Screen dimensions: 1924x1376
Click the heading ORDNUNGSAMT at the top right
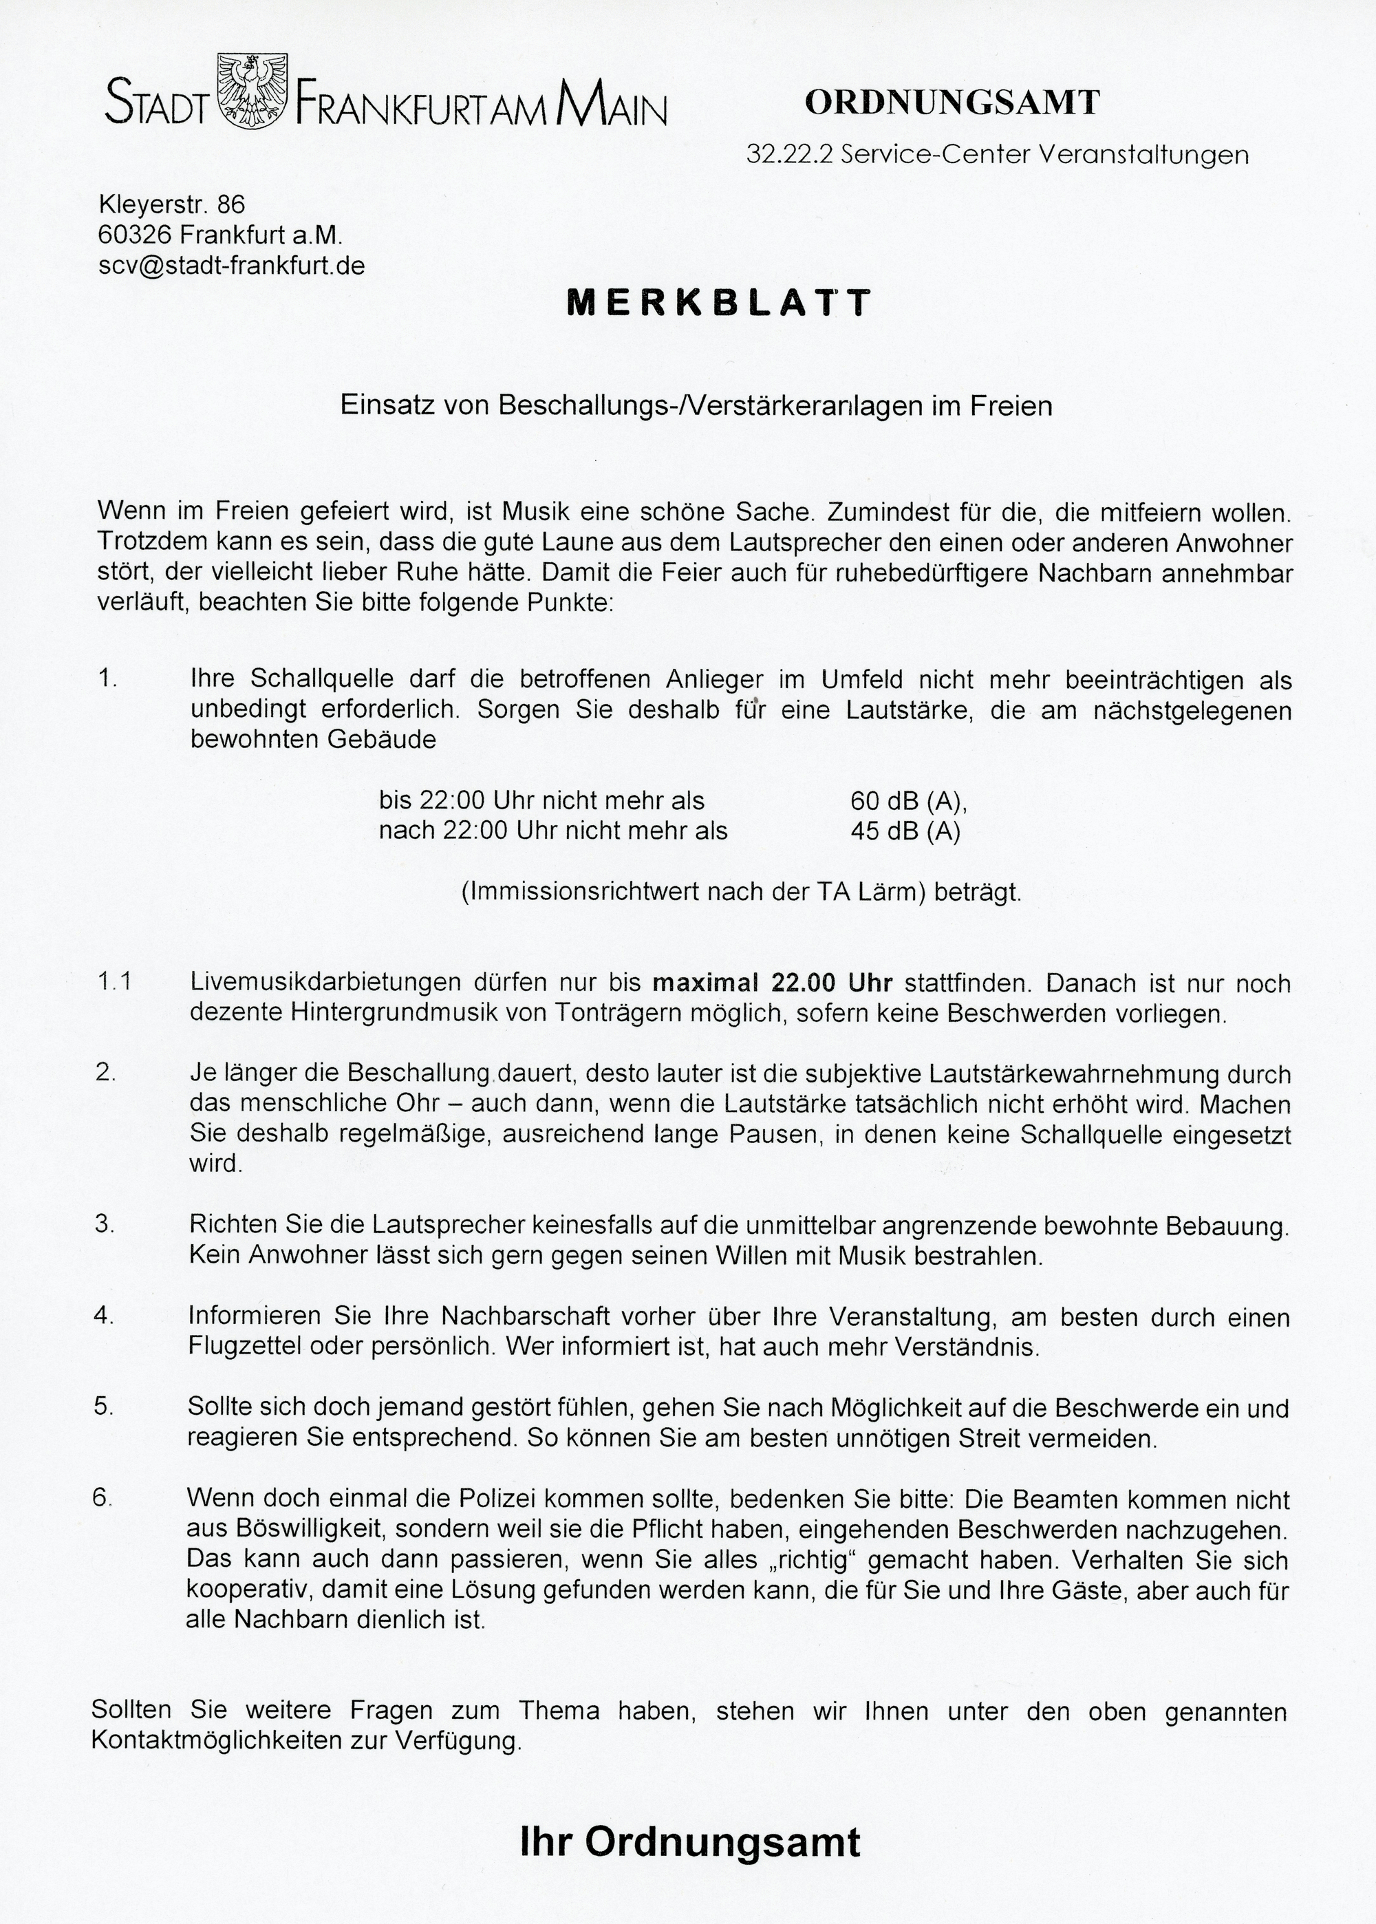click(952, 103)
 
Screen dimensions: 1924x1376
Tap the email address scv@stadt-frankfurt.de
click(232, 266)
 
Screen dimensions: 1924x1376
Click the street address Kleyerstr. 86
click(172, 204)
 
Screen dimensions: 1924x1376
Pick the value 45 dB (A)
click(905, 831)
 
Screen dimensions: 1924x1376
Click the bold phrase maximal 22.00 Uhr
click(772, 983)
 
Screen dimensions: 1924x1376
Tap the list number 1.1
click(114, 982)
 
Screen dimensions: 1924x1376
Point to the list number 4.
click(103, 1316)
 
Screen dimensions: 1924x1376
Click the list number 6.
click(102, 1498)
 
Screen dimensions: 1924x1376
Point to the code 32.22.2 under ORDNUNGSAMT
click(776, 154)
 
